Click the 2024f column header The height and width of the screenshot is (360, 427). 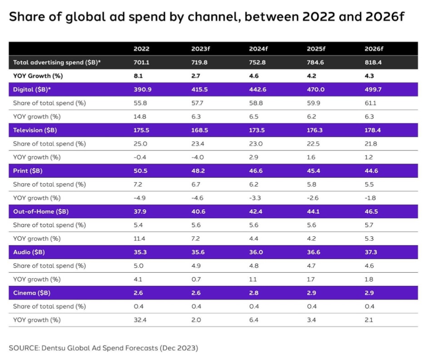[258, 49]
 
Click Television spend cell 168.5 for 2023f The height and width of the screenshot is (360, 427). [200, 130]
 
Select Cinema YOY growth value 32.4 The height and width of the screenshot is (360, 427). [139, 320]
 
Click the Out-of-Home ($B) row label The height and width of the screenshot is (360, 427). [37, 211]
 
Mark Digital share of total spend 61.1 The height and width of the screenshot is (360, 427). [371, 103]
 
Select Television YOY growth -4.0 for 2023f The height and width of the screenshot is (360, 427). [198, 157]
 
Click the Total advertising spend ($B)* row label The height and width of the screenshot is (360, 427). [57, 62]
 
